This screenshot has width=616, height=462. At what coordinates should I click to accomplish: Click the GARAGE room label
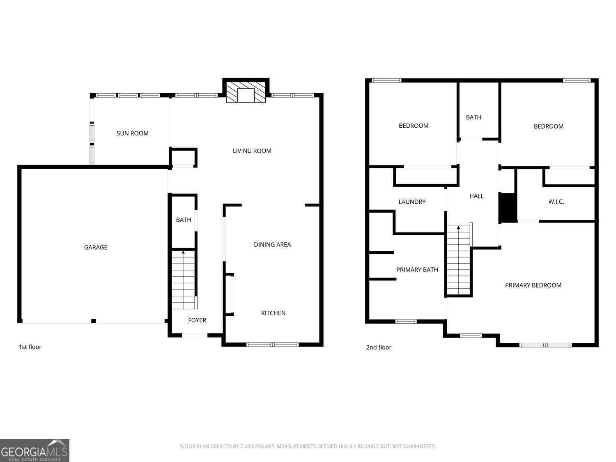pyautogui.click(x=95, y=247)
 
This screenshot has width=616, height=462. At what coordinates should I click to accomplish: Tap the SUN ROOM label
pyautogui.click(x=133, y=133)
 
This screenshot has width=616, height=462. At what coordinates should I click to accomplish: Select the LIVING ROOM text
pyautogui.click(x=252, y=151)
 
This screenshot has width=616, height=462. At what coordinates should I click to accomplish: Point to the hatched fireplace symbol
pyautogui.click(x=246, y=92)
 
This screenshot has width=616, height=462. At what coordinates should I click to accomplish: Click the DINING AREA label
pyautogui.click(x=272, y=245)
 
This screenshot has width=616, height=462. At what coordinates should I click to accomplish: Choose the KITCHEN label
pyautogui.click(x=273, y=313)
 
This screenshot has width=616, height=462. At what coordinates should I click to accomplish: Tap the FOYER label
pyautogui.click(x=197, y=320)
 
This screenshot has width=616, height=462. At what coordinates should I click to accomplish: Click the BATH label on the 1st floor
pyautogui.click(x=184, y=220)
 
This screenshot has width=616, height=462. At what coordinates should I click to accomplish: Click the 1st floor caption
pyautogui.click(x=30, y=347)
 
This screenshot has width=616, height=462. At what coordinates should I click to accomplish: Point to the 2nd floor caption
pyautogui.click(x=379, y=347)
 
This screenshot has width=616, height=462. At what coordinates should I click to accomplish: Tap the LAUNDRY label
pyautogui.click(x=412, y=202)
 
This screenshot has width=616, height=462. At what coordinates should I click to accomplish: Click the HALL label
pyautogui.click(x=476, y=196)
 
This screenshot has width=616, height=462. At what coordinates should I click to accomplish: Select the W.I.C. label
pyautogui.click(x=556, y=201)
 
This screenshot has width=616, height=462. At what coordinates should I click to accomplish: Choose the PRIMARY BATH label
pyautogui.click(x=417, y=269)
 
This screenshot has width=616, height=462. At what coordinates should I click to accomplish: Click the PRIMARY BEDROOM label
pyautogui.click(x=533, y=285)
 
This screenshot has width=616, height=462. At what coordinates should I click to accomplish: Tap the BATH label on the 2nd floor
pyautogui.click(x=473, y=117)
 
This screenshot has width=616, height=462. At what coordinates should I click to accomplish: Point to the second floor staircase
pyautogui.click(x=459, y=260)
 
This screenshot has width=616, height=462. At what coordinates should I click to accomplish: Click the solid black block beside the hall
pyautogui.click(x=508, y=207)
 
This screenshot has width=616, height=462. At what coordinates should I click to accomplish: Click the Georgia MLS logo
pyautogui.click(x=34, y=450)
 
